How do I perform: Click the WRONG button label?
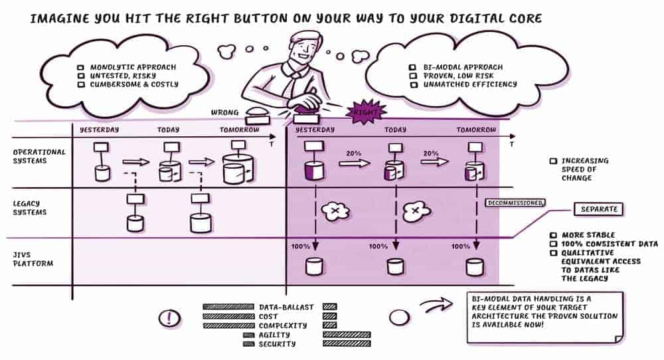click(224, 113)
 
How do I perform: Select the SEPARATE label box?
click(599, 209)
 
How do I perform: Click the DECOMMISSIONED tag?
click(515, 203)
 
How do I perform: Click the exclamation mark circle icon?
click(169, 318)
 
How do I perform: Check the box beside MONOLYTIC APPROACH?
click(81, 67)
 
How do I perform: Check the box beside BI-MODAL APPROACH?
click(412, 67)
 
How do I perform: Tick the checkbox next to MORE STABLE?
click(553, 235)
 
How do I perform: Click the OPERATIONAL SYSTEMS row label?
click(39, 156)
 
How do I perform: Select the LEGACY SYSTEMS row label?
click(29, 208)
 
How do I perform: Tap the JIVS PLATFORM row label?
click(33, 259)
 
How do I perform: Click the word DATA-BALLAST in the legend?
click(286, 307)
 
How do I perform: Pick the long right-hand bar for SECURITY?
click(347, 343)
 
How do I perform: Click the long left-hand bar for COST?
click(228, 316)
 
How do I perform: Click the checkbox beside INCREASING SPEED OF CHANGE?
click(553, 161)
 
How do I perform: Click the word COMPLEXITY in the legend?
click(283, 325)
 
